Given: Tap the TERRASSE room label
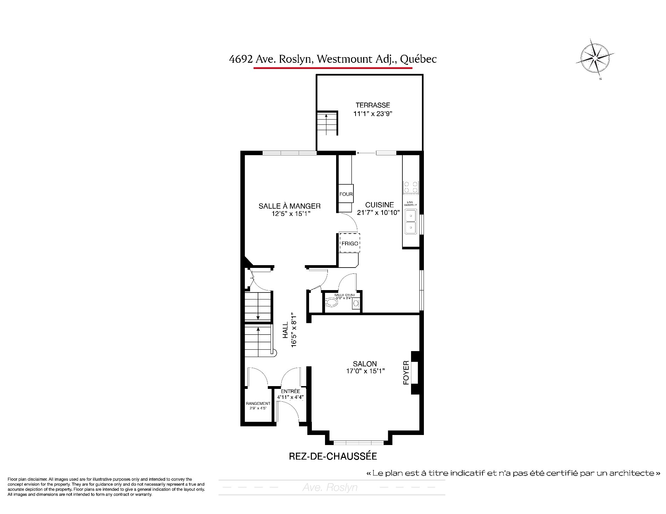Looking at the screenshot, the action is point(373,105).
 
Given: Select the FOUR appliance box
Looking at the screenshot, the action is point(346,194).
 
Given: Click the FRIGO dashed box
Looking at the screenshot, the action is point(350,243).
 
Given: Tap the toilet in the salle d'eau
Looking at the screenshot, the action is point(332,303).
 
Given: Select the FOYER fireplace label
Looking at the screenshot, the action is point(406,373).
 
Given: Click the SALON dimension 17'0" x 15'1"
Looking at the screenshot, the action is point(365,371).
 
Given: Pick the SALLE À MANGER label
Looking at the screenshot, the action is point(290,206).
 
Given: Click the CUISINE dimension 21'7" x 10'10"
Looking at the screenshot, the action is point(379,212).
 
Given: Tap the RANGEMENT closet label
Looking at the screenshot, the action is point(258,403).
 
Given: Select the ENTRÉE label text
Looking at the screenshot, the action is point(291,391).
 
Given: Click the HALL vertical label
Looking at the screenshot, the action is point(285,331).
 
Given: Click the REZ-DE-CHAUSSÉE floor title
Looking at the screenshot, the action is point(333,456).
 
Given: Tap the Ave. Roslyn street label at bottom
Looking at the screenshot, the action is point(330,488).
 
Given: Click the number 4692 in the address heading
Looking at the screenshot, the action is point(240,59).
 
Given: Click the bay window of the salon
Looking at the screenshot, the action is point(359,443).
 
